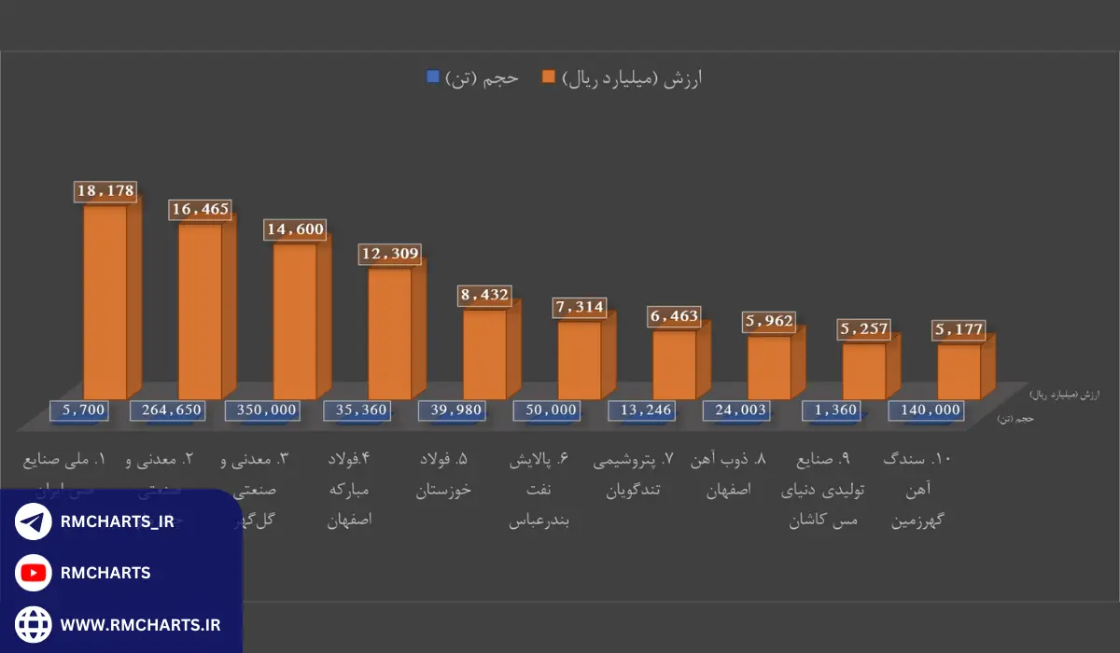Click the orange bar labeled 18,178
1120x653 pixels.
pyautogui.click(x=105, y=303)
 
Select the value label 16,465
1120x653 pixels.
pyautogui.click(x=200, y=210)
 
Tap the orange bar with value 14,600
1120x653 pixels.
pyautogui.click(x=295, y=322)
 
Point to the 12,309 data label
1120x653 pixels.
pyautogui.click(x=390, y=254)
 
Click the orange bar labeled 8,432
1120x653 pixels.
pyautogui.click(x=484, y=354)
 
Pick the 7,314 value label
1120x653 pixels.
pyautogui.click(x=579, y=307)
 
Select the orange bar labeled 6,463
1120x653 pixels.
pyautogui.click(x=674, y=366)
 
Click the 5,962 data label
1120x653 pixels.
pyautogui.click(x=769, y=322)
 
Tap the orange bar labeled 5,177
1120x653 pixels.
pyautogui.click(x=959, y=372)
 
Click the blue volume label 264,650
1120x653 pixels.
pyautogui.click(x=173, y=410)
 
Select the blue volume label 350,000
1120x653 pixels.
pyautogui.click(x=261, y=410)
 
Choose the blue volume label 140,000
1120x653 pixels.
pyautogui.click(x=927, y=410)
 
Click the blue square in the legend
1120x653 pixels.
pyautogui.click(x=432, y=77)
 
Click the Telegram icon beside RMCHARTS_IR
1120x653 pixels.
pyautogui.click(x=34, y=521)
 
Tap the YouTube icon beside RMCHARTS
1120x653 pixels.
pyautogui.click(x=34, y=572)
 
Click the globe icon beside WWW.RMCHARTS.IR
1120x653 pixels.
pyautogui.click(x=34, y=622)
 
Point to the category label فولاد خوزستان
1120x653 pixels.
pyautogui.click(x=443, y=475)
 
